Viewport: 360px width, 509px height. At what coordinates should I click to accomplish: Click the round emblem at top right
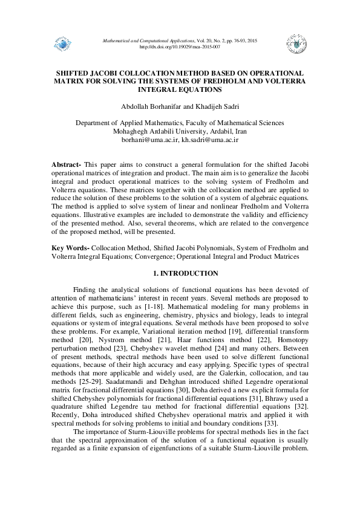[295, 42]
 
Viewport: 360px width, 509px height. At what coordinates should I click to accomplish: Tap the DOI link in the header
[180, 47]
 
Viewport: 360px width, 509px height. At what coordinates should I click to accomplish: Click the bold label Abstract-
[67, 165]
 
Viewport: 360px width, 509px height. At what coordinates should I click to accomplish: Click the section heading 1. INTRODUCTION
[180, 274]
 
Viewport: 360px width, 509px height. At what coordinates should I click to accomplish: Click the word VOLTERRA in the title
[283, 80]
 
